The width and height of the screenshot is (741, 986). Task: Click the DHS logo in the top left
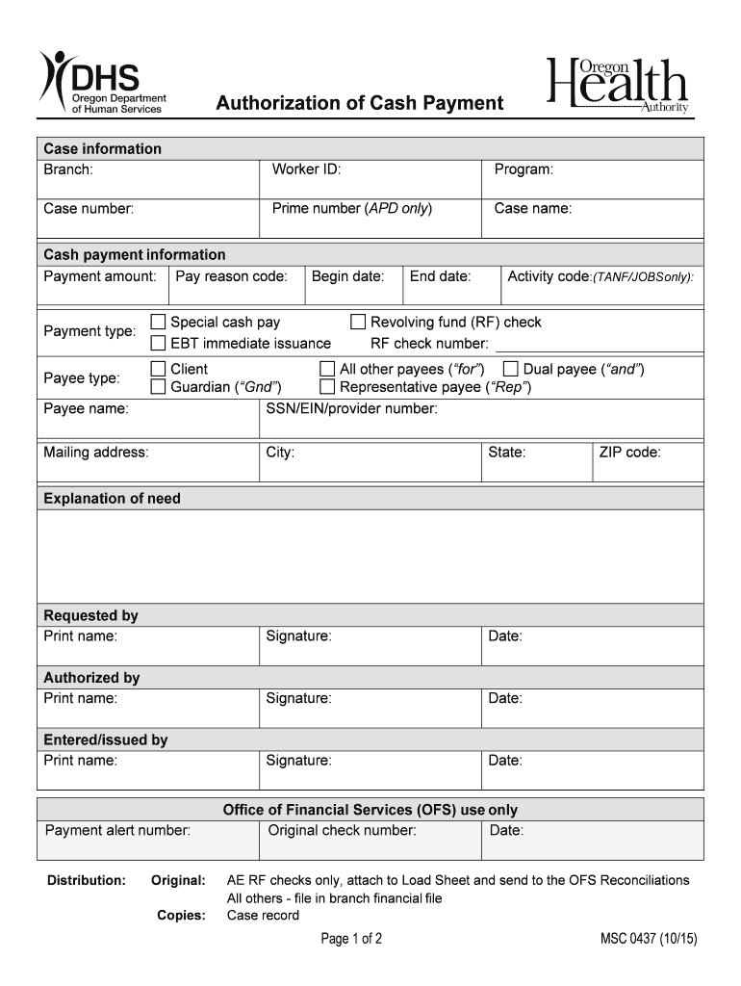pyautogui.click(x=102, y=83)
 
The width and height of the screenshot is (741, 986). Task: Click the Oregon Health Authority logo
pyautogui.click(x=618, y=87)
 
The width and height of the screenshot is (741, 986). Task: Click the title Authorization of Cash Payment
pyautogui.click(x=359, y=103)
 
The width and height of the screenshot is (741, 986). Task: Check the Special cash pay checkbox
pyautogui.click(x=160, y=322)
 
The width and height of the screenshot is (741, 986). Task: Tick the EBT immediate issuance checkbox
pyautogui.click(x=160, y=343)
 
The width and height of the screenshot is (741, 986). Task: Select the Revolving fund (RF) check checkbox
pyautogui.click(x=358, y=322)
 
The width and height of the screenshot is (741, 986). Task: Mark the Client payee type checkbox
pyautogui.click(x=160, y=369)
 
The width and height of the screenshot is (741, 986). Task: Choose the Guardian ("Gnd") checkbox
pyautogui.click(x=160, y=387)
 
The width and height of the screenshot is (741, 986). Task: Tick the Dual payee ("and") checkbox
pyautogui.click(x=510, y=369)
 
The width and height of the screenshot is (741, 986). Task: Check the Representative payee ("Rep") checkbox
pyautogui.click(x=327, y=387)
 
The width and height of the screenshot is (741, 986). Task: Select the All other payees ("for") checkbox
pyautogui.click(x=327, y=369)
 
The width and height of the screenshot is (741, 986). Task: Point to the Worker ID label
pyautogui.click(x=306, y=169)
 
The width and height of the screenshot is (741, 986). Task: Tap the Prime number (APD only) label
pyautogui.click(x=351, y=208)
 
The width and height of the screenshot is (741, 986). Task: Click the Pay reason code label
pyautogui.click(x=232, y=276)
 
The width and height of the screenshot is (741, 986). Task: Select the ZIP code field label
pyautogui.click(x=629, y=452)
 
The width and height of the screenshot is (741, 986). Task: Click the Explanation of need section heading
pyautogui.click(x=112, y=498)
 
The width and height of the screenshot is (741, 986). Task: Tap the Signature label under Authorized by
pyautogui.click(x=298, y=698)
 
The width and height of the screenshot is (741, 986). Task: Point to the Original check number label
pyautogui.click(x=342, y=830)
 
